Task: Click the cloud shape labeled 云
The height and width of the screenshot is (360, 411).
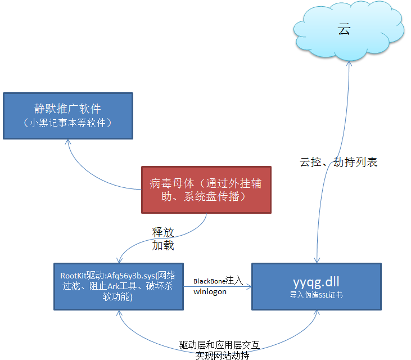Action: pyautogui.click(x=349, y=31)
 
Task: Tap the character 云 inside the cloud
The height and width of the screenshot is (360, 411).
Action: pyautogui.click(x=344, y=29)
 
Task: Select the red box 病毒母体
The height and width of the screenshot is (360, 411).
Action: pyautogui.click(x=206, y=190)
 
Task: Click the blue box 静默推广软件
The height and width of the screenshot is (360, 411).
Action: pyautogui.click(x=68, y=116)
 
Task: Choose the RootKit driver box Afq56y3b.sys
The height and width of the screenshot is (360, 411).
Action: pyautogui.click(x=119, y=286)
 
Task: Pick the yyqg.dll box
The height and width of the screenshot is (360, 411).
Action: pyautogui.click(x=317, y=286)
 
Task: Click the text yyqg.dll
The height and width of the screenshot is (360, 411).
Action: pyautogui.click(x=316, y=282)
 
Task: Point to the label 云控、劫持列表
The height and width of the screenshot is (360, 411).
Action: pyautogui.click(x=338, y=162)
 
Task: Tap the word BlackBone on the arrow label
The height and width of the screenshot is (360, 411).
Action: pyautogui.click(x=209, y=281)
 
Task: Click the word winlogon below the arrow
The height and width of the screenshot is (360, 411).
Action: pyautogui.click(x=210, y=292)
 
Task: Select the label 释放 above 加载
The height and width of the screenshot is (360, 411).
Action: pyautogui.click(x=163, y=232)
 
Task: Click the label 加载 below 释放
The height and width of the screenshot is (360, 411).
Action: pyautogui.click(x=163, y=245)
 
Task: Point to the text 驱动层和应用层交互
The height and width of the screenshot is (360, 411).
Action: pyautogui.click(x=220, y=345)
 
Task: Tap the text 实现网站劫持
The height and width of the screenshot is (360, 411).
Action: pyautogui.click(x=222, y=355)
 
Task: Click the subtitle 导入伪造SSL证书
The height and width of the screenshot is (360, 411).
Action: pyautogui.click(x=316, y=295)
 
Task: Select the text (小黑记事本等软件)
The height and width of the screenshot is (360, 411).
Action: pyautogui.click(x=67, y=123)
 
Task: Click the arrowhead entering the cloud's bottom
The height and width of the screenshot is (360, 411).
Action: pyautogui.click(x=349, y=63)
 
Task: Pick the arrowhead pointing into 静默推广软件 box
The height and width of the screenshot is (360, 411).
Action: pyautogui.click(x=68, y=142)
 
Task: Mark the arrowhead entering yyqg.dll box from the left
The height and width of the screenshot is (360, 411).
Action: pyautogui.click(x=249, y=286)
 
